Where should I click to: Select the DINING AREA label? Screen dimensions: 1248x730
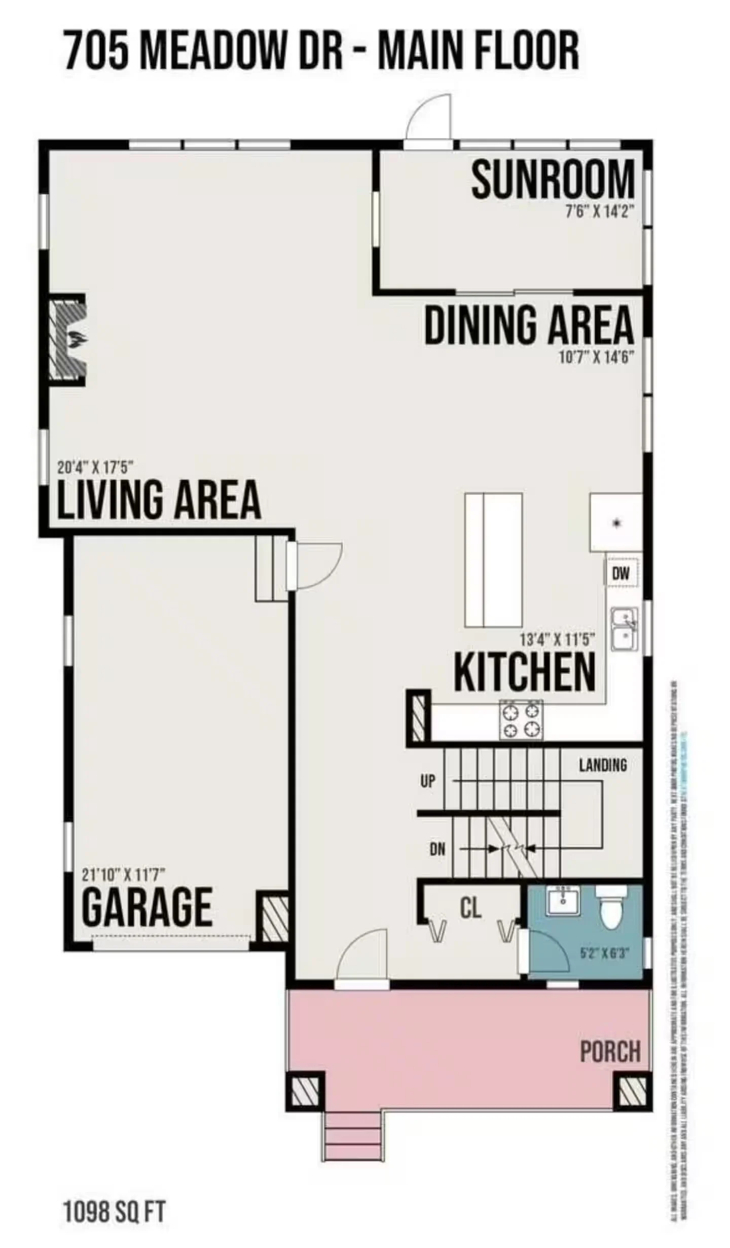coord(529,325)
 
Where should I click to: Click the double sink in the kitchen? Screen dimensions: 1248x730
coord(624,629)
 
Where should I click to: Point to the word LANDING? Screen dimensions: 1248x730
coord(603,765)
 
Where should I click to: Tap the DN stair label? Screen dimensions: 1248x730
coord(437,849)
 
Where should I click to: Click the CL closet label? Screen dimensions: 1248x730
coord(470,908)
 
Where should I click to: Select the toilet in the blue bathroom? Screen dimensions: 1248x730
coord(611,908)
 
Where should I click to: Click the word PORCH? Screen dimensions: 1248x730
coord(610,1052)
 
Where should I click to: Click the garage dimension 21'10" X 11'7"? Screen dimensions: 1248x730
coord(124,874)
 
